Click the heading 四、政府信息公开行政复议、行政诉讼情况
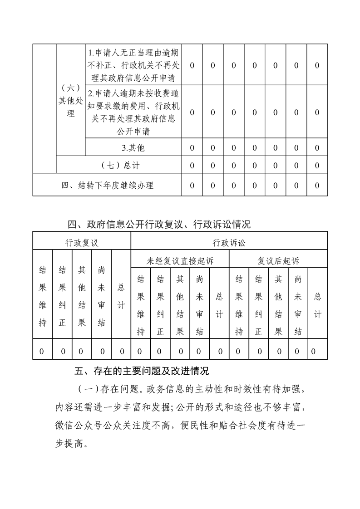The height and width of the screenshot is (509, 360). click(x=159, y=224)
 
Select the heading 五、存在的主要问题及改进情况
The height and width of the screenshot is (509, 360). click(x=142, y=371)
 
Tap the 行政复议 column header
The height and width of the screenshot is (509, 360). click(x=82, y=243)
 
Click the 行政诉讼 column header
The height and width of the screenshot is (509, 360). click(x=229, y=243)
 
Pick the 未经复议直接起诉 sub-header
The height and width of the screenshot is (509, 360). click(x=180, y=261)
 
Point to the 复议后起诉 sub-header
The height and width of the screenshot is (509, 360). click(x=278, y=261)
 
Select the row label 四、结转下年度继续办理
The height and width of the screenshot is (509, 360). click(x=107, y=186)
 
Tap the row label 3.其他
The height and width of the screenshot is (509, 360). click(x=133, y=147)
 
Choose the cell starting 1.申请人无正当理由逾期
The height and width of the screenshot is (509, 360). click(x=133, y=65)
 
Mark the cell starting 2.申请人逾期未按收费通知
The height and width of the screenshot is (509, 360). click(x=133, y=113)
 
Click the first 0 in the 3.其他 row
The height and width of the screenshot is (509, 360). click(x=192, y=147)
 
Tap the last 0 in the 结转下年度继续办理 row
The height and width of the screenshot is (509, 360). click(x=317, y=186)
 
